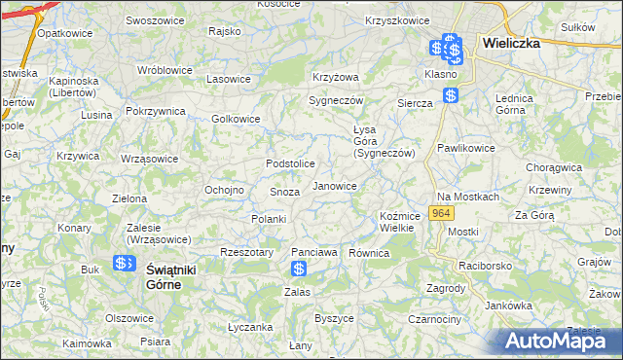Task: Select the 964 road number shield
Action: pos(442,213)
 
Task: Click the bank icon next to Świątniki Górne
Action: pos(124,264)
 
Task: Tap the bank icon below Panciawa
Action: pos(300,269)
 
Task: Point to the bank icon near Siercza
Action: pos(450,95)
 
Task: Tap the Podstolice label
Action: pos(290,163)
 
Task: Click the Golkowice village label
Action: pos(236,119)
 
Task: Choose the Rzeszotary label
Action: pos(245,251)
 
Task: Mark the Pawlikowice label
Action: pos(465,148)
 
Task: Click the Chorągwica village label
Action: pos(553,167)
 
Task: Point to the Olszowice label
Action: pos(129,318)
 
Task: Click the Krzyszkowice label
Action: pos(396,20)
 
